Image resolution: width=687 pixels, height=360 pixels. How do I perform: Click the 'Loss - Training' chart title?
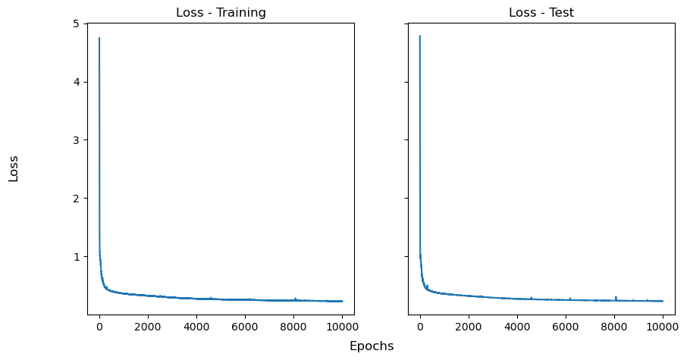(221, 13)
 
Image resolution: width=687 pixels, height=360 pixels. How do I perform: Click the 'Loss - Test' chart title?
(541, 13)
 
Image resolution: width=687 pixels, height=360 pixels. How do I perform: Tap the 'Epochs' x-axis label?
(372, 346)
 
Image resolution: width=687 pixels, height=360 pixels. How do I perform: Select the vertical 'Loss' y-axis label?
(14, 168)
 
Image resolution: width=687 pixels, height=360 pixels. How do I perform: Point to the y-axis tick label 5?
(77, 23)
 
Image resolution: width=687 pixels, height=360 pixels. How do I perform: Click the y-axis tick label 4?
(77, 82)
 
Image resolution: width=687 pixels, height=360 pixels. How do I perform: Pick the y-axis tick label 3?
(77, 140)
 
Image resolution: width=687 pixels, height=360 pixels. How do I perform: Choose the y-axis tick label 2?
(77, 199)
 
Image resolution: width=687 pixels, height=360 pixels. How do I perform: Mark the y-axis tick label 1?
(77, 257)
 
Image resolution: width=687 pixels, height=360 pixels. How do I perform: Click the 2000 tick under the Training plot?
(148, 327)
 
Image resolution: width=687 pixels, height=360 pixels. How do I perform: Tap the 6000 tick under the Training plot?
(245, 327)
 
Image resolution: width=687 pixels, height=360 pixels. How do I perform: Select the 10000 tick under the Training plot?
(342, 327)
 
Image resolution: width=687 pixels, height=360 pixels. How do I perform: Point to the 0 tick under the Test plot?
(420, 327)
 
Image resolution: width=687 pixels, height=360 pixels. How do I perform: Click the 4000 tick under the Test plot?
(517, 327)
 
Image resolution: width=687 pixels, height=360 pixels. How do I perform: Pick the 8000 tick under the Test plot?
(614, 327)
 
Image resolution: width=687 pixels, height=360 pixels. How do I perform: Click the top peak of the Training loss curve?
(99, 38)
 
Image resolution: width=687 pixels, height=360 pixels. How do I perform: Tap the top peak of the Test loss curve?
(420, 36)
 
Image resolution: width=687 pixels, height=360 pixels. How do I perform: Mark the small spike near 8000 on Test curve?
(616, 297)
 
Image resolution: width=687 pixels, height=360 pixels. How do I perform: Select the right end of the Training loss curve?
(342, 301)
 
